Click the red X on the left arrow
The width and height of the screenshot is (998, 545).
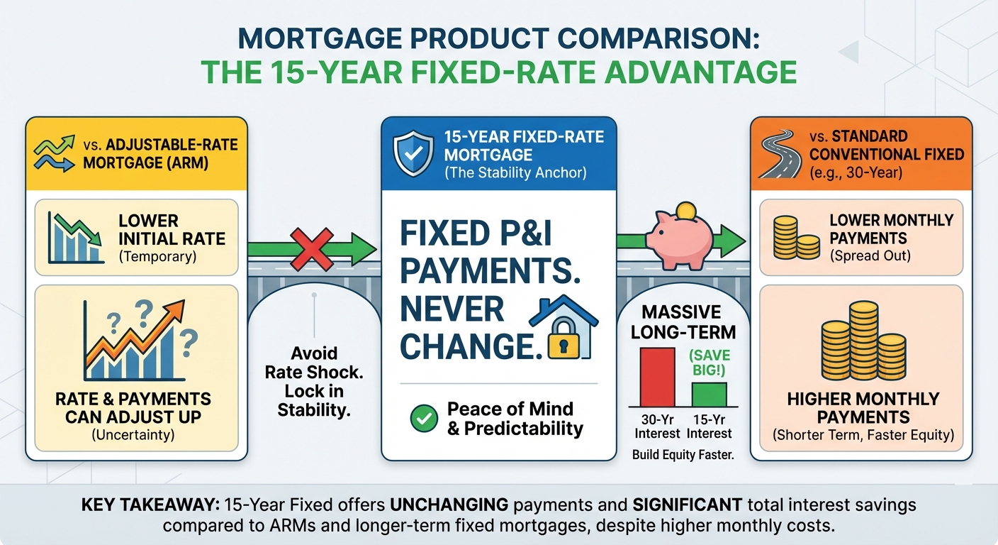tap(312, 248)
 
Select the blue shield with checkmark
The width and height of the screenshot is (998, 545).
tap(413, 153)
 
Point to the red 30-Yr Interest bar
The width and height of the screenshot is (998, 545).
tap(658, 377)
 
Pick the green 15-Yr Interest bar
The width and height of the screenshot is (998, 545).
tap(709, 394)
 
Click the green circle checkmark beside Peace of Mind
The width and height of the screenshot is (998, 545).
tap(425, 419)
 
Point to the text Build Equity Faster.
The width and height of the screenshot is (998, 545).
tap(683, 456)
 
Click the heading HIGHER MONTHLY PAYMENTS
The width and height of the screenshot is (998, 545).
tap(863, 408)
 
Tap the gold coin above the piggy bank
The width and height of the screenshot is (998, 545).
tap(685, 210)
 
